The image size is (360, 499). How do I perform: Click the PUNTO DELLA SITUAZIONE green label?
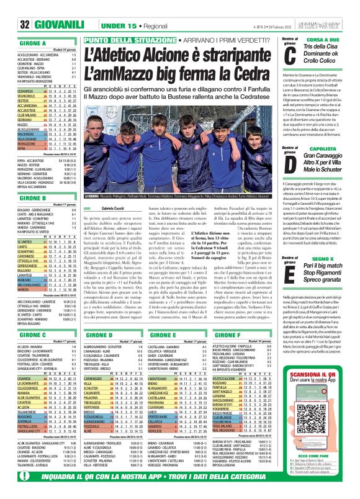coord(121,40)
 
